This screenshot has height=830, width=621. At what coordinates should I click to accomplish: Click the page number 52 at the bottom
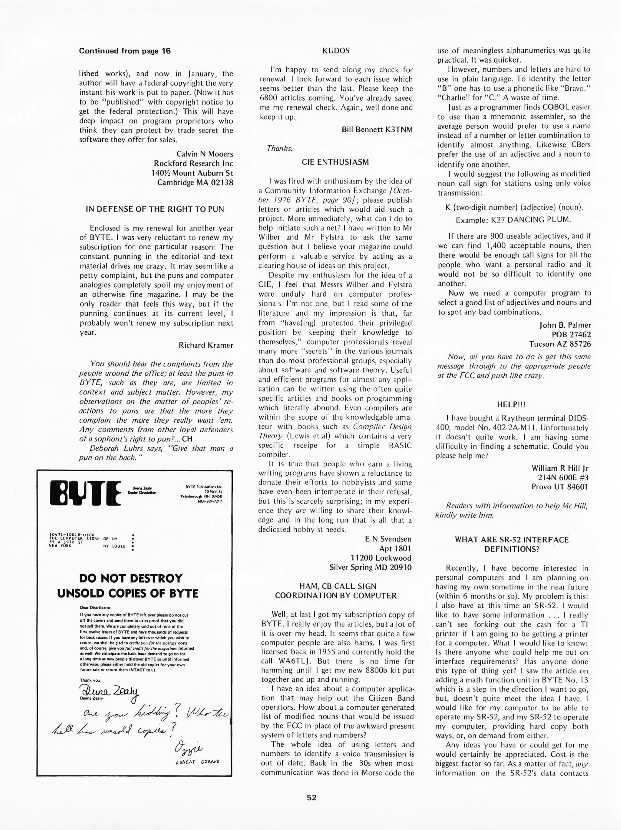[312, 797]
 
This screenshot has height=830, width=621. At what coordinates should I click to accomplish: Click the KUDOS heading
[336, 51]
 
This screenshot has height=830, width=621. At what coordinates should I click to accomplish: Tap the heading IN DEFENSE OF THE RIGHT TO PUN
[155, 209]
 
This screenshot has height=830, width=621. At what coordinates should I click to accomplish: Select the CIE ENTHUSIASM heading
[335, 162]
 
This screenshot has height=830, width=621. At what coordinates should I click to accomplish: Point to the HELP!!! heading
[511, 405]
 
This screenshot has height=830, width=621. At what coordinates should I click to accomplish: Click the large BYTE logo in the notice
[86, 493]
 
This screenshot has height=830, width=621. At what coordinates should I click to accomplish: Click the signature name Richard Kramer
[206, 345]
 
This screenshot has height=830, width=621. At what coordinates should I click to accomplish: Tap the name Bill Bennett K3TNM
[377, 129]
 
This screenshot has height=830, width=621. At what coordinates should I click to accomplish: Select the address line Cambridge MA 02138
[195, 183]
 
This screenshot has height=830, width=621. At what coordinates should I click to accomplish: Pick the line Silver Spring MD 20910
[370, 567]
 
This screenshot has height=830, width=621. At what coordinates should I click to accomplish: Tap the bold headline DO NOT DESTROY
[131, 578]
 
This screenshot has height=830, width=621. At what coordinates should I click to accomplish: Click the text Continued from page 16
[125, 51]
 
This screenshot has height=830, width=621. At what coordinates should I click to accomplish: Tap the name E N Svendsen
[388, 539]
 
